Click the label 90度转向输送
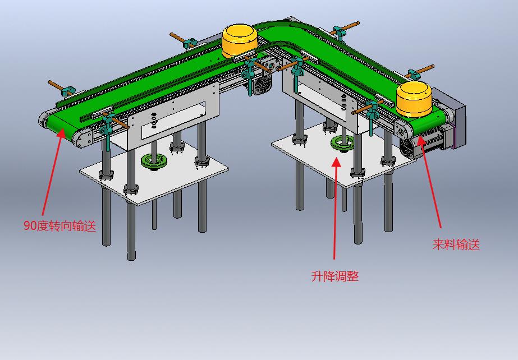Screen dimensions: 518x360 (60, 226)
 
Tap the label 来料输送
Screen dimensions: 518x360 (456, 244)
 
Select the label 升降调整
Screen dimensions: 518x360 (335, 276)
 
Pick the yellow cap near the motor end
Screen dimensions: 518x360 (414, 99)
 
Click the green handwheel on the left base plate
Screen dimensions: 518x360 (154, 161)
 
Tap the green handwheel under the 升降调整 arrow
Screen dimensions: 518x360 (342, 144)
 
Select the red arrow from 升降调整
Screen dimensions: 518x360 (335, 208)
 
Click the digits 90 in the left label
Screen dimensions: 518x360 (30, 226)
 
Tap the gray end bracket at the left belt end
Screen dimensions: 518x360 (82, 139)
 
